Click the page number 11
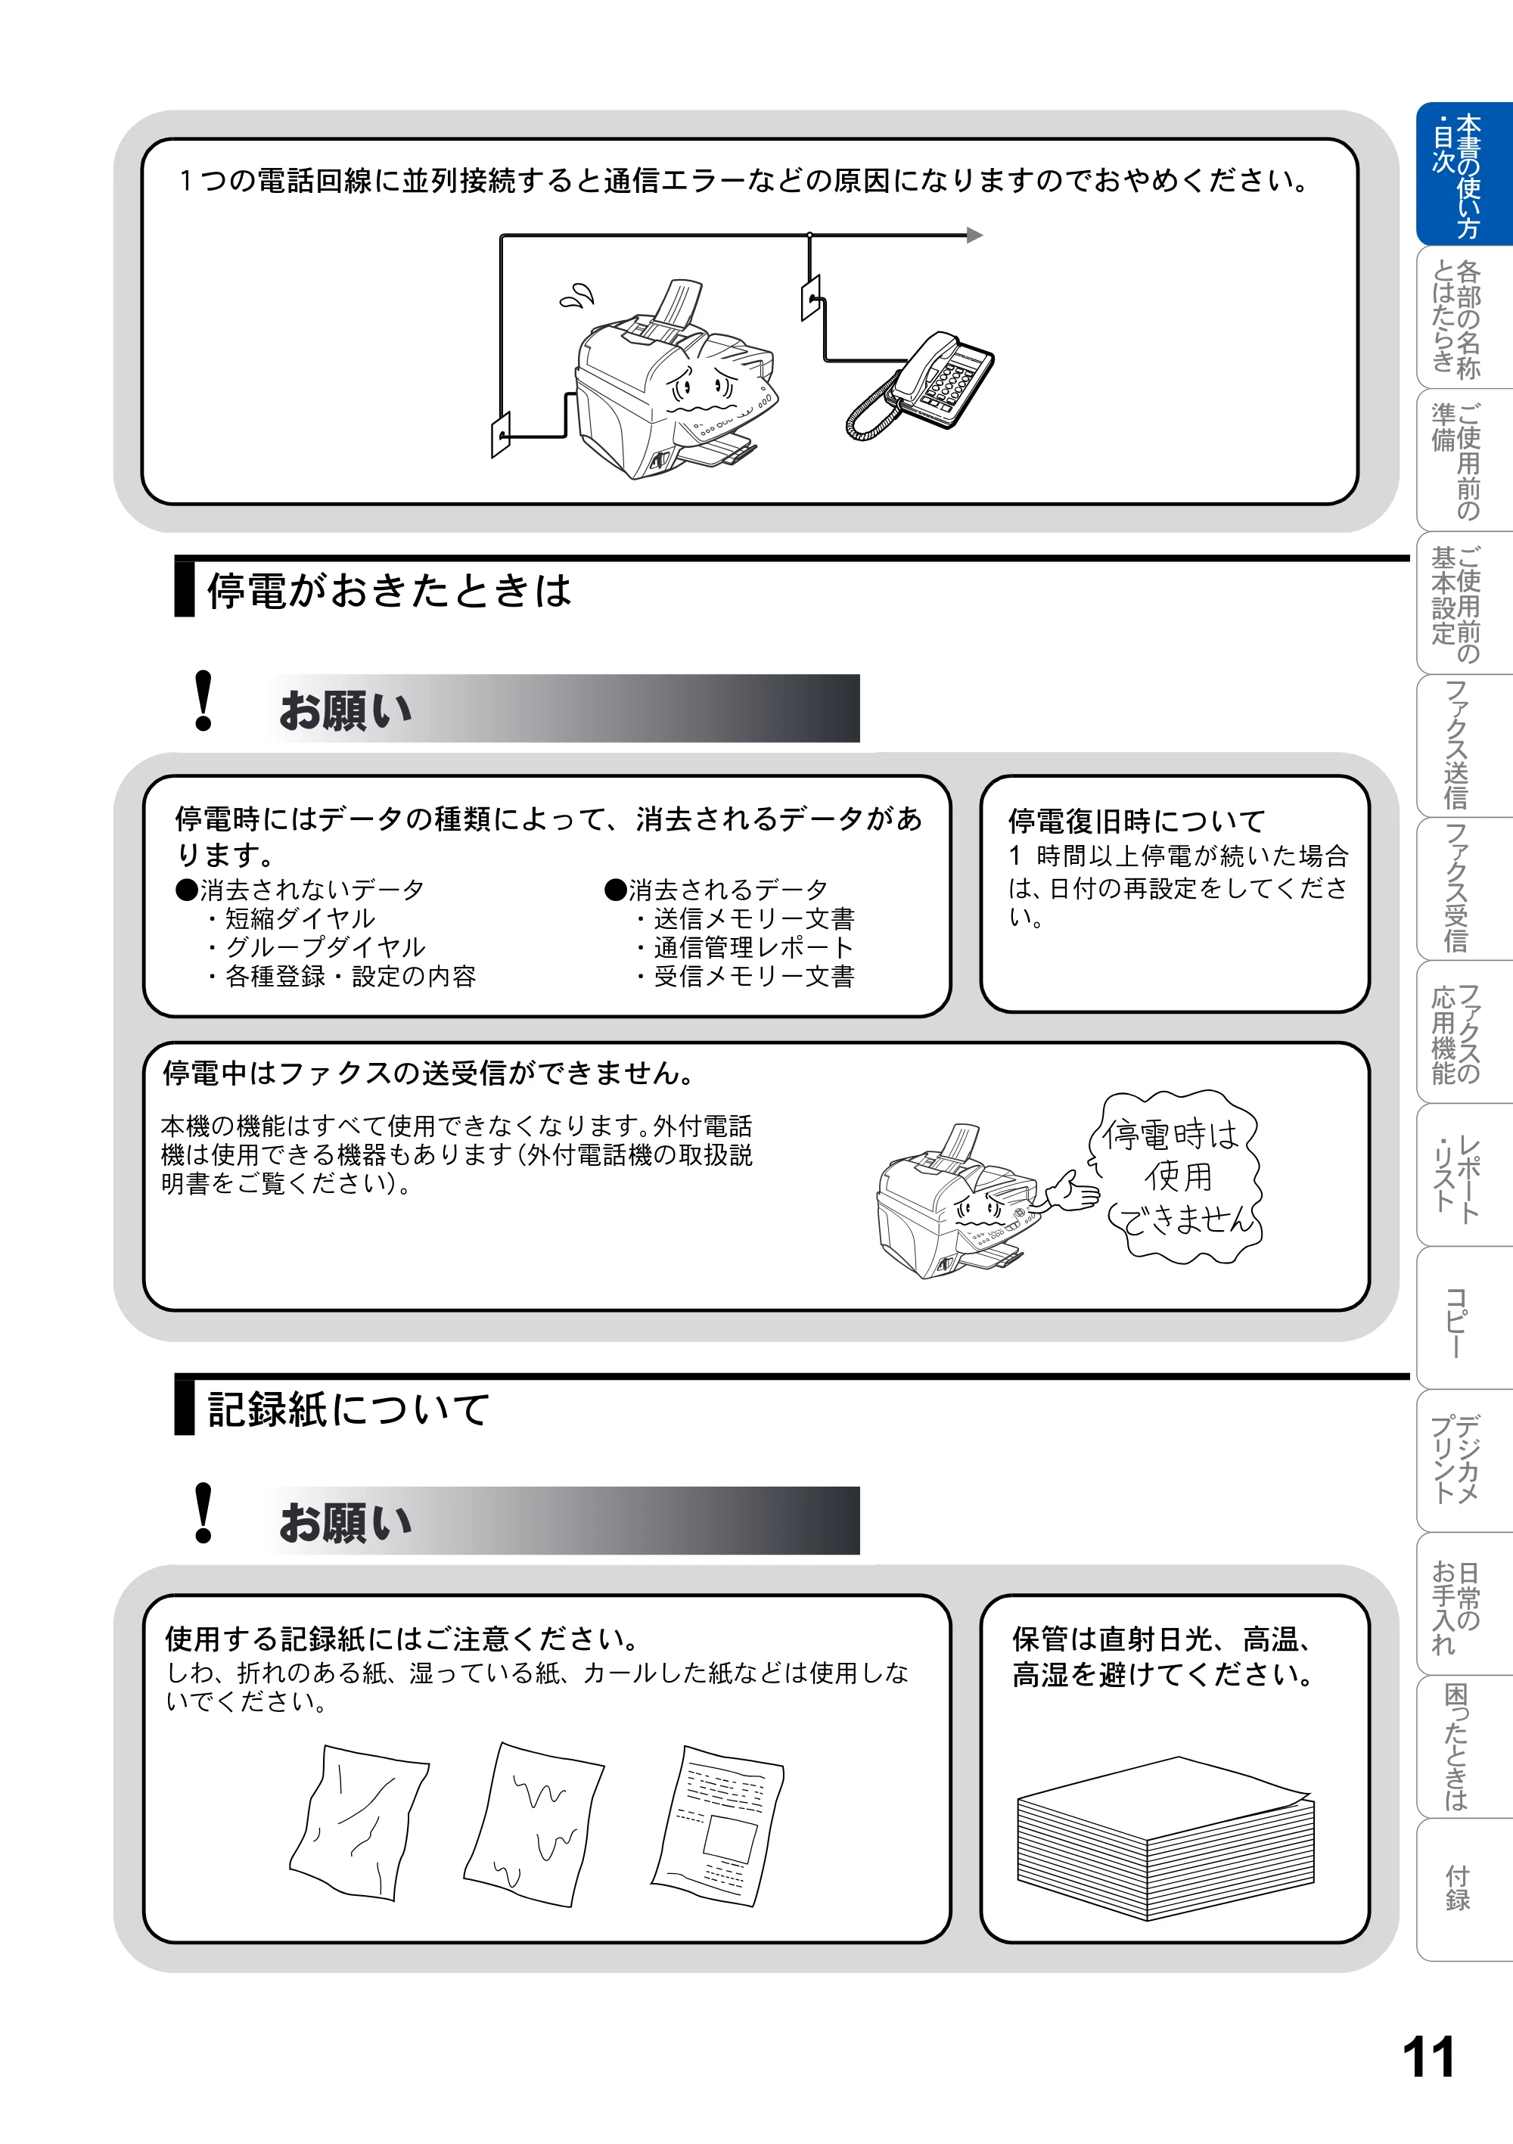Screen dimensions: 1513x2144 (1428, 2057)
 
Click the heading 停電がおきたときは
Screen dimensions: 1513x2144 (389, 590)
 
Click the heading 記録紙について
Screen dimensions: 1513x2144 (348, 1409)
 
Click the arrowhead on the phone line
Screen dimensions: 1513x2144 (975, 235)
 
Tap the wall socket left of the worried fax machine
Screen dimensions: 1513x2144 (501, 435)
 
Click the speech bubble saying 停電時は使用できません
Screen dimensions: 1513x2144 (1176, 1176)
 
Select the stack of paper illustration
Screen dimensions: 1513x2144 (1165, 1838)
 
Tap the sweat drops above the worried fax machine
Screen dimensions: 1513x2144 (577, 295)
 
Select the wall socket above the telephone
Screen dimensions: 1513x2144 (811, 297)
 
